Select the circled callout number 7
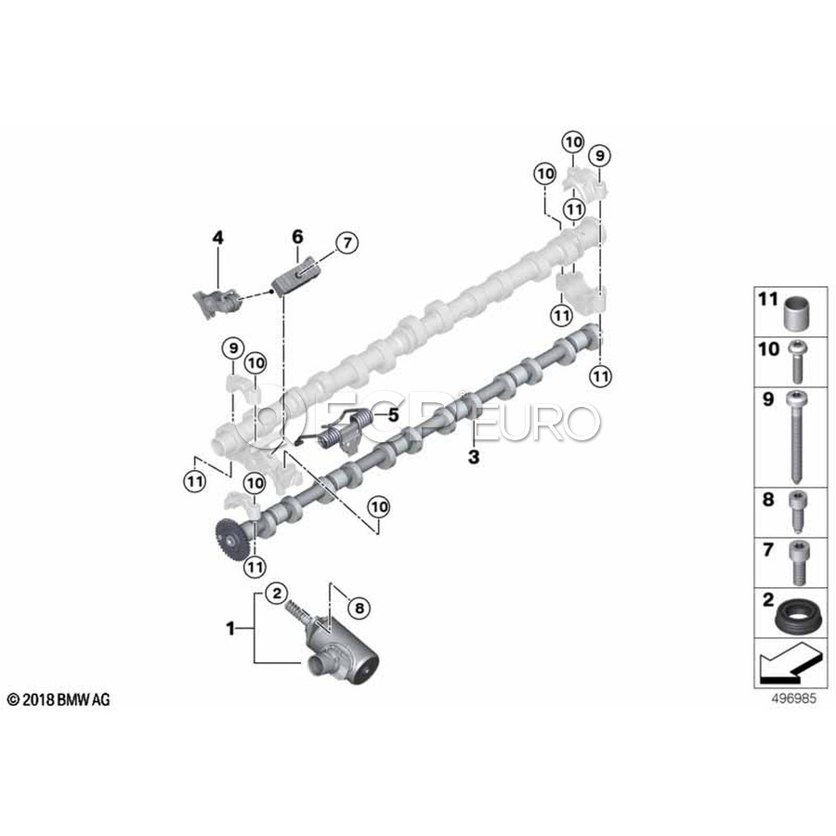click(x=345, y=243)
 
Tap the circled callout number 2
click(x=276, y=593)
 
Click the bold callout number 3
click(x=474, y=457)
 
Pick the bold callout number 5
click(x=392, y=415)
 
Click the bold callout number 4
click(x=217, y=239)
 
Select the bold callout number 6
click(x=297, y=238)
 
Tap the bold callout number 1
click(x=230, y=629)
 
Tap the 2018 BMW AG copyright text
click(x=58, y=699)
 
